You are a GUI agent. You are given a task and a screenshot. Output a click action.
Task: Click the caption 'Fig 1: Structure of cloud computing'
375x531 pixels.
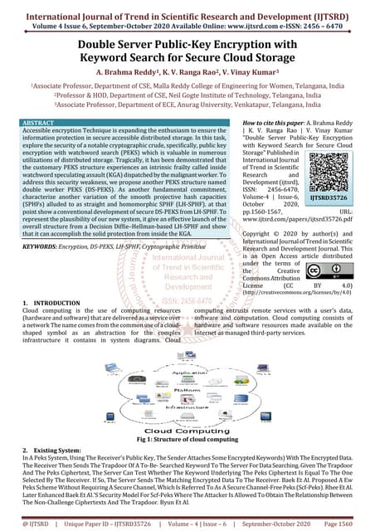coord(187,441)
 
